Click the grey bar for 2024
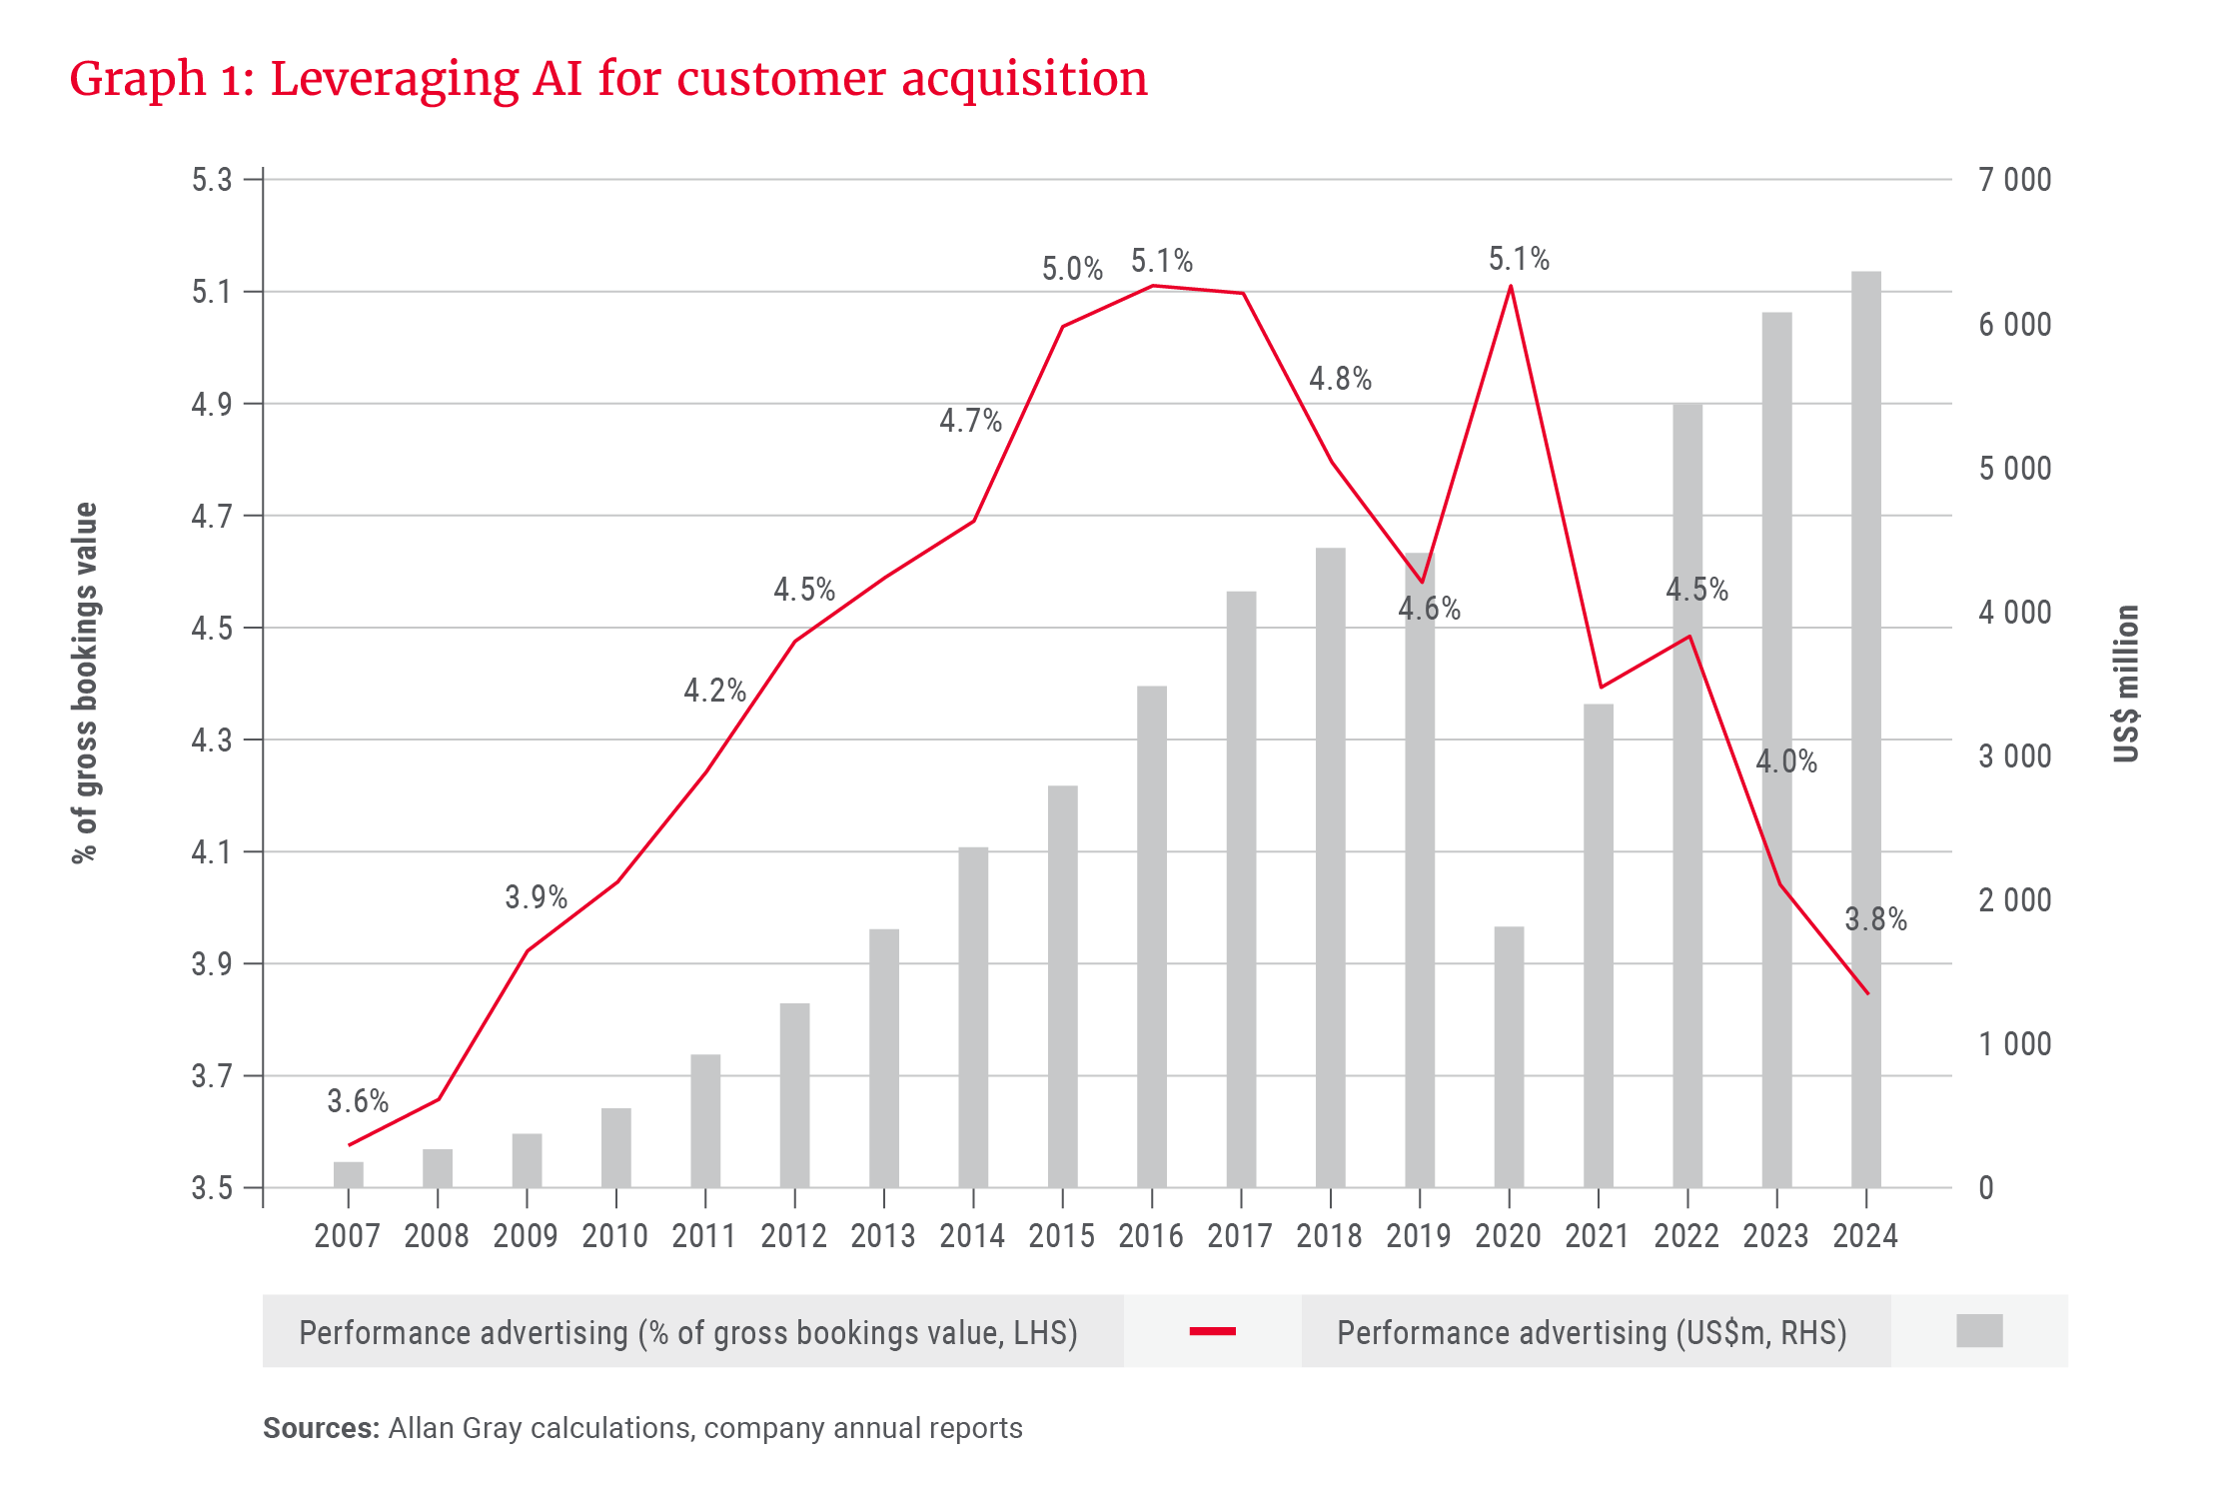(1865, 730)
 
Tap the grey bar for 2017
(1241, 888)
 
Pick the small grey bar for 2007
(349, 1174)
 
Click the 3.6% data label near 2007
(358, 1101)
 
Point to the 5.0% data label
(1072, 269)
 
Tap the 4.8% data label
(1340, 379)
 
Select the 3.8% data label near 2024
(1875, 919)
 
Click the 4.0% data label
(1786, 761)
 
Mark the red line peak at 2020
(1510, 287)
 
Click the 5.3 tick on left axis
(212, 180)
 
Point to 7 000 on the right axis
(2014, 180)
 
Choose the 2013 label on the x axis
(883, 1236)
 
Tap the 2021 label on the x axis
(1597, 1236)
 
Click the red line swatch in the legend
(1213, 1331)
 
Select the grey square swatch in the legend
(1979, 1331)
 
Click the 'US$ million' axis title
(2126, 684)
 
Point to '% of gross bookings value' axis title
(86, 683)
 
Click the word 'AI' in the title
(557, 78)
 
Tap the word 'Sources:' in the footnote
(321, 1428)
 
